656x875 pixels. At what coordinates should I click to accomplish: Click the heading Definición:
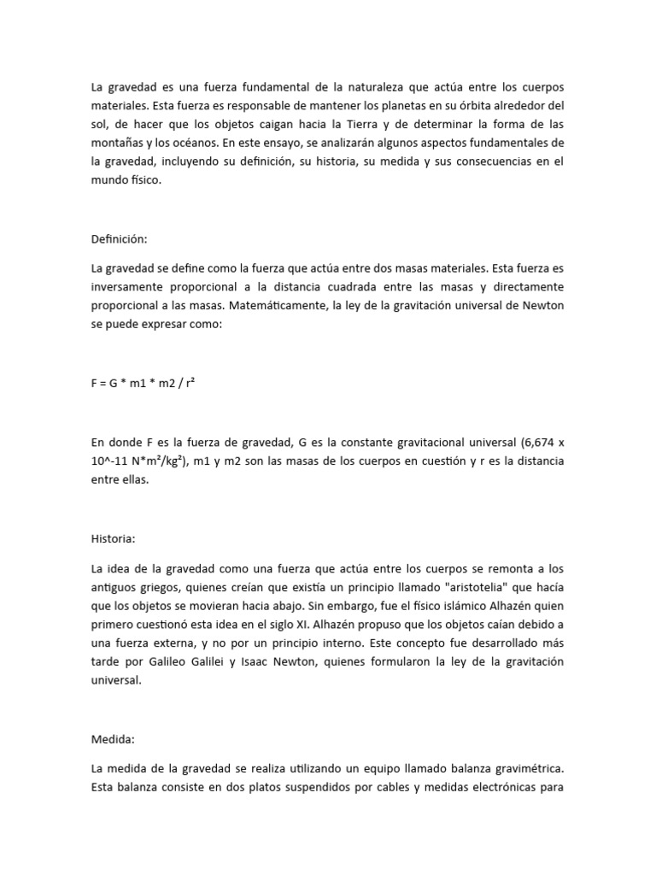pos(119,240)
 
